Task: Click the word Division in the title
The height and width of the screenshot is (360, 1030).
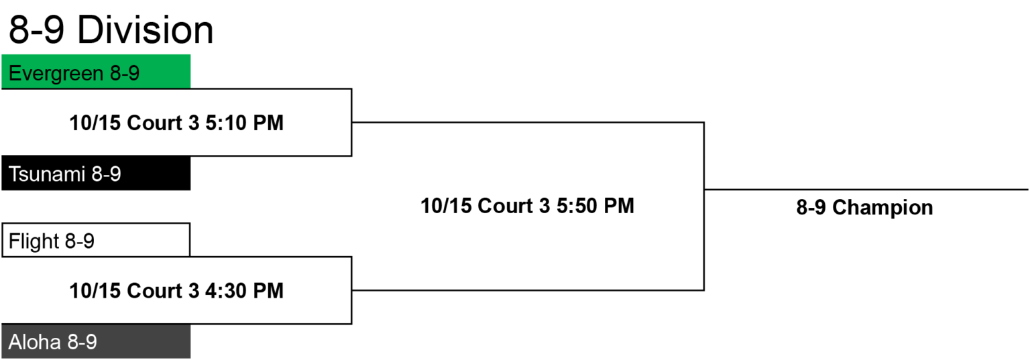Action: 146,30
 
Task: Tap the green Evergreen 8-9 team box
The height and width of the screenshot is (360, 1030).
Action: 96,71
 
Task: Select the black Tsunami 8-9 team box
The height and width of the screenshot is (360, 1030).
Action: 96,173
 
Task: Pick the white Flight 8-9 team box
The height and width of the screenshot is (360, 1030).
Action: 96,240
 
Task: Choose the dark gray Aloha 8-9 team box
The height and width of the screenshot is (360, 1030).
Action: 96,341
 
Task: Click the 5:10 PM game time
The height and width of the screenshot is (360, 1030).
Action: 244,123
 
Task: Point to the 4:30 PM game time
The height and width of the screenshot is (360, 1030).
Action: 244,290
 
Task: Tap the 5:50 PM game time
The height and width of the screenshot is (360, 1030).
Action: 595,206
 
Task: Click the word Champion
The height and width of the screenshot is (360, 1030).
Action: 882,208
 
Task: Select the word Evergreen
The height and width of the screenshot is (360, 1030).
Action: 56,74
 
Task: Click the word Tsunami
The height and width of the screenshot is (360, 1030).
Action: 47,174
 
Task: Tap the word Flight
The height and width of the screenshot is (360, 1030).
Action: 34,241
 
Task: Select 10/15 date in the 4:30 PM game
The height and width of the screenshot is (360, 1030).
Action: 95,290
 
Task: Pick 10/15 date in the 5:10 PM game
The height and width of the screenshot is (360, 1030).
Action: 95,123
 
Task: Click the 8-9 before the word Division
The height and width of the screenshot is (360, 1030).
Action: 36,30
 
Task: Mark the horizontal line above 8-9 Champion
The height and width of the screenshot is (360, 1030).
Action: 866,189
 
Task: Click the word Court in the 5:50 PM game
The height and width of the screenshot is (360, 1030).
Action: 505,206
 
